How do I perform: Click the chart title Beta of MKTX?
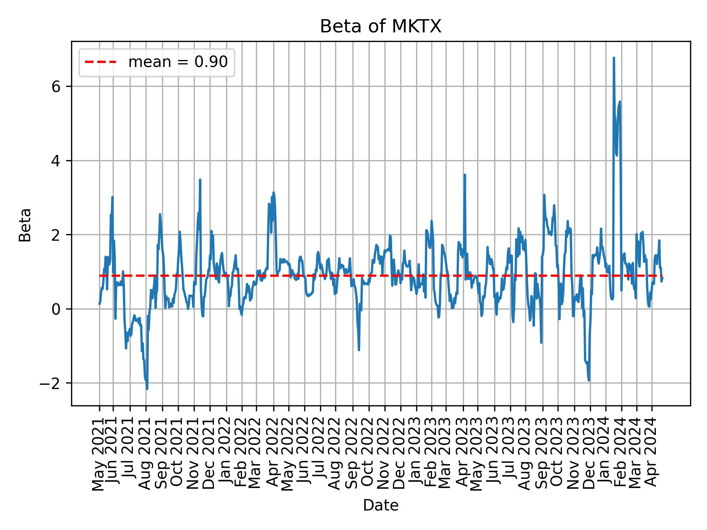(x=380, y=27)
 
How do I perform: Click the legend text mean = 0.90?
(x=178, y=62)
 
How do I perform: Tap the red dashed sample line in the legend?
(x=101, y=62)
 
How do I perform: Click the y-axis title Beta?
(x=25, y=225)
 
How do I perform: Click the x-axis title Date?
(x=380, y=505)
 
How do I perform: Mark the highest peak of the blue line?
(x=613, y=58)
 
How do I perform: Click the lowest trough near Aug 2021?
(x=147, y=389)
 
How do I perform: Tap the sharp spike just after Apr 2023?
(x=465, y=175)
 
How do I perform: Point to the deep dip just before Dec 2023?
(x=589, y=380)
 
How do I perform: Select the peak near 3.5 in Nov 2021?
(x=200, y=180)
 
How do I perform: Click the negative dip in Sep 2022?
(x=359, y=350)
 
